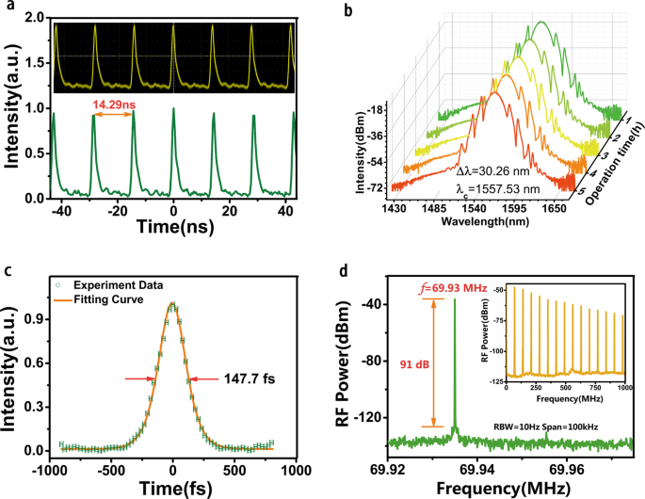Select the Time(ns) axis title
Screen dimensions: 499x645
(x=170, y=229)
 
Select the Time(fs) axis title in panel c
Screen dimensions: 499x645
(x=172, y=487)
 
